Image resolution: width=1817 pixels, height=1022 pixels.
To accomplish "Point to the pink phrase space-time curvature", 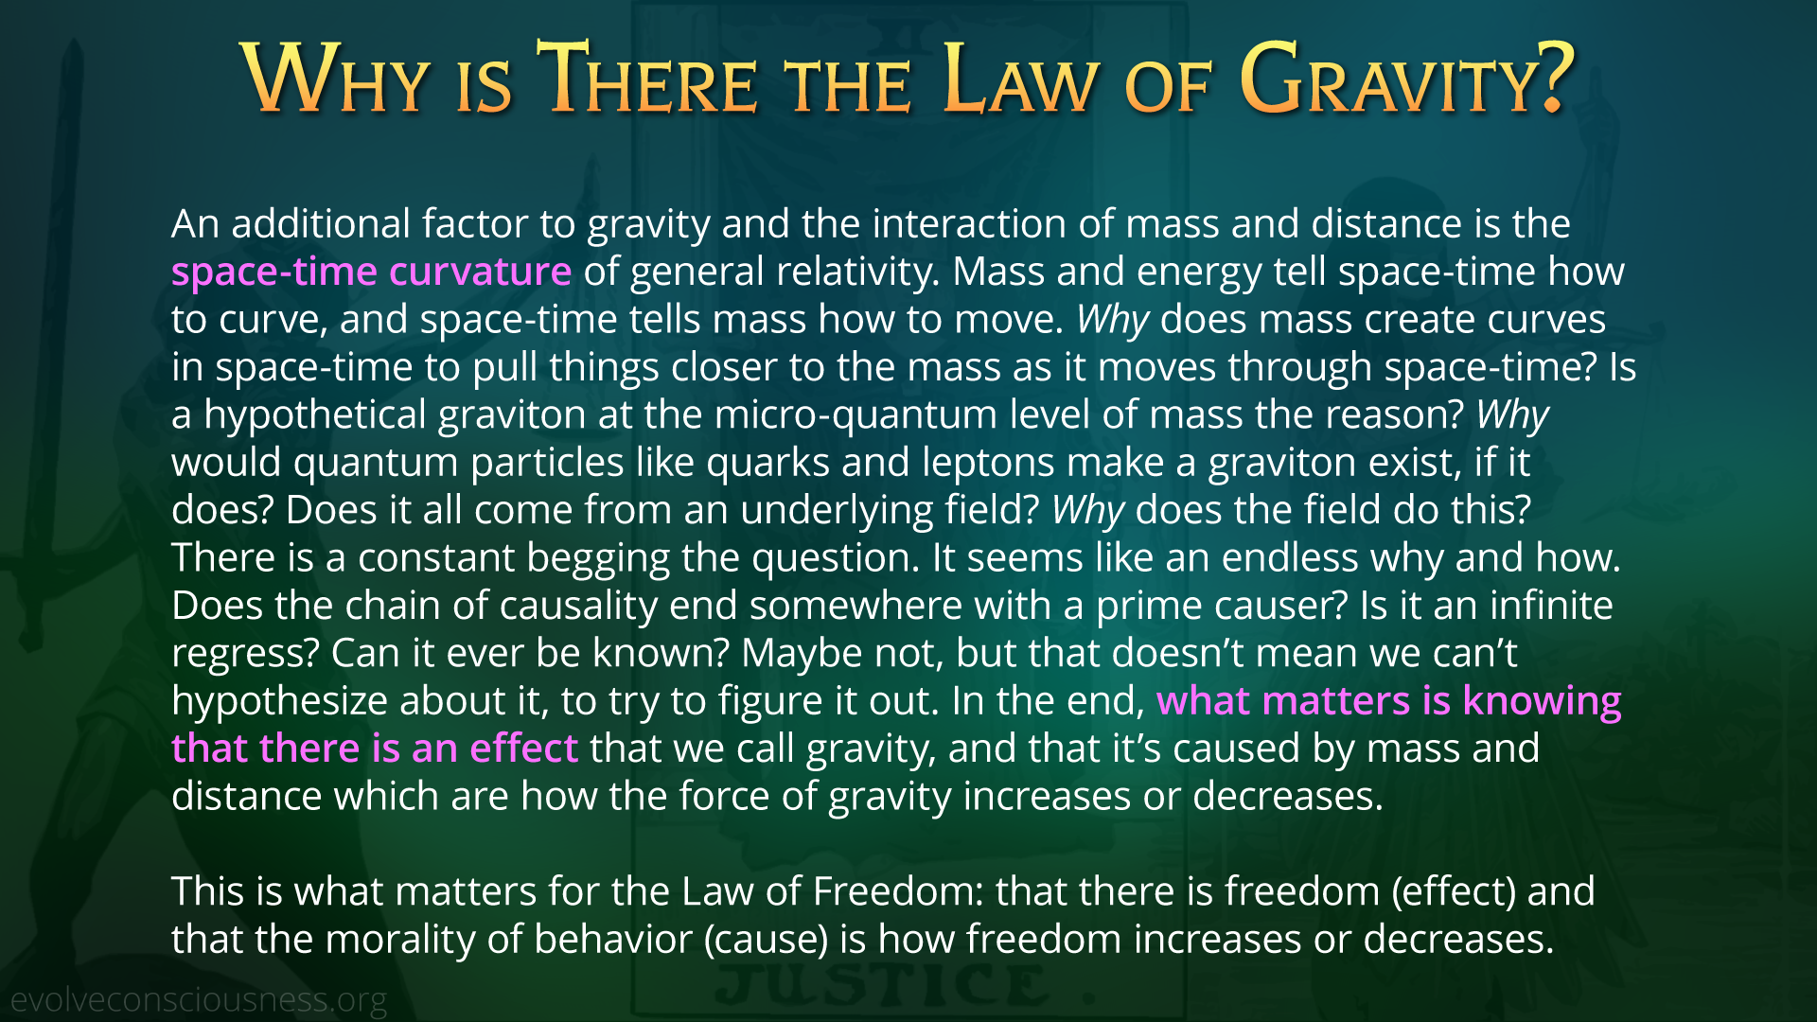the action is point(371,272).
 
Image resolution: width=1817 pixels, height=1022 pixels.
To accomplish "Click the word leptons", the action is point(988,463).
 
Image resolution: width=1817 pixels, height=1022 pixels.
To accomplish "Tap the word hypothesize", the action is point(279,701).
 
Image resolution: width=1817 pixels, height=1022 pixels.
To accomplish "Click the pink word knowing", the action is point(1542,701).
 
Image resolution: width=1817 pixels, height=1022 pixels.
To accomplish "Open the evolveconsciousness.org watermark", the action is point(199,999).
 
